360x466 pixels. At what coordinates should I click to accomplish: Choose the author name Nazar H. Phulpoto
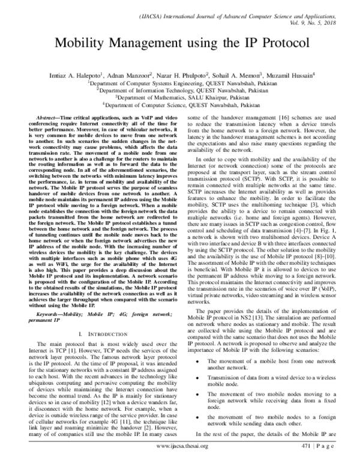click(x=175, y=75)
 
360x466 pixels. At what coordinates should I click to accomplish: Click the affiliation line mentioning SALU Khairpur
click(x=179, y=95)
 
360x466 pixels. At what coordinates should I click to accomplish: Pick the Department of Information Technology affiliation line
click(x=179, y=89)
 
